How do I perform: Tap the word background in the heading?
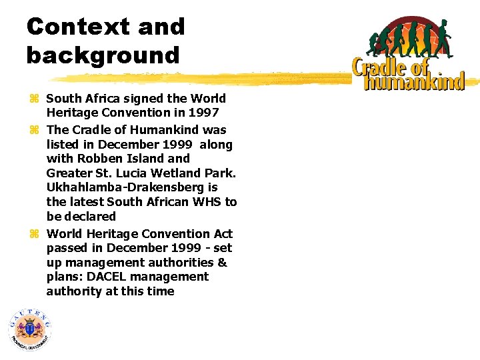point(103,55)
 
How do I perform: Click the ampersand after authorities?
point(223,262)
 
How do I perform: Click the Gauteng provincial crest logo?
point(29,329)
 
